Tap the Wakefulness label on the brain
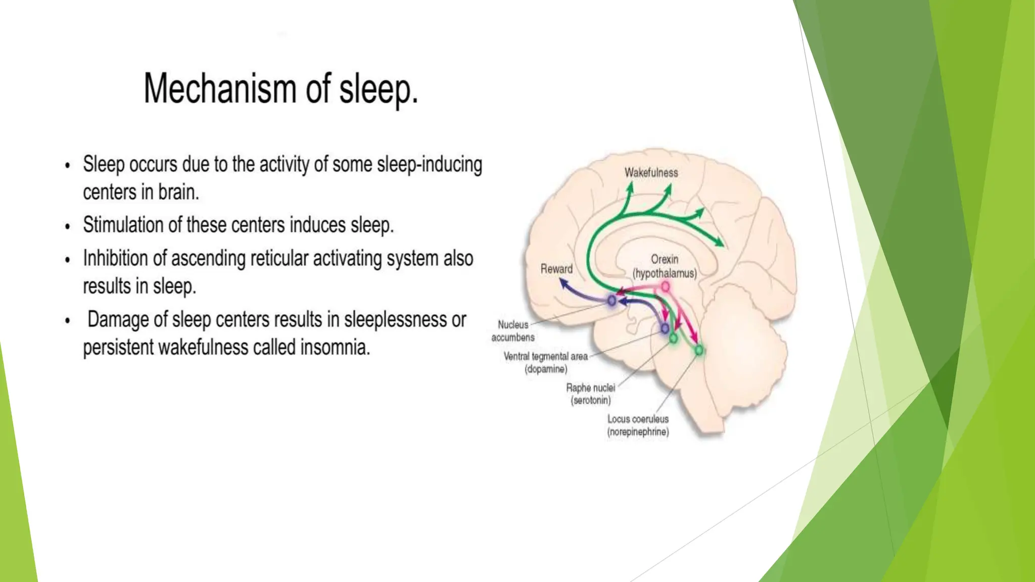click(x=651, y=173)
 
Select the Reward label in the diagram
click(x=556, y=269)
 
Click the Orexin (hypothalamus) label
click(x=665, y=266)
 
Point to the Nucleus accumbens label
click(x=513, y=331)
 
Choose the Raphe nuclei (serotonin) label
click(x=590, y=394)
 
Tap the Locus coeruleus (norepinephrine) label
click(x=638, y=425)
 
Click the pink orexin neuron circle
click(x=666, y=287)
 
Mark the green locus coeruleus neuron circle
click(x=699, y=350)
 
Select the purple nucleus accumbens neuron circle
click(x=611, y=301)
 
